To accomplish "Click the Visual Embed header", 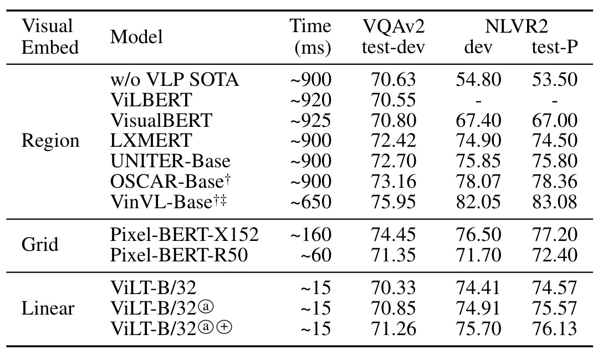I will click(x=49, y=37).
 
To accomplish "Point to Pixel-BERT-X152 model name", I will click(x=184, y=235).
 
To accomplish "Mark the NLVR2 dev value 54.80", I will click(x=478, y=80).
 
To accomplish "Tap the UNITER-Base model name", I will click(x=170, y=161).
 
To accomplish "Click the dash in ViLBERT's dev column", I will click(x=478, y=100).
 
